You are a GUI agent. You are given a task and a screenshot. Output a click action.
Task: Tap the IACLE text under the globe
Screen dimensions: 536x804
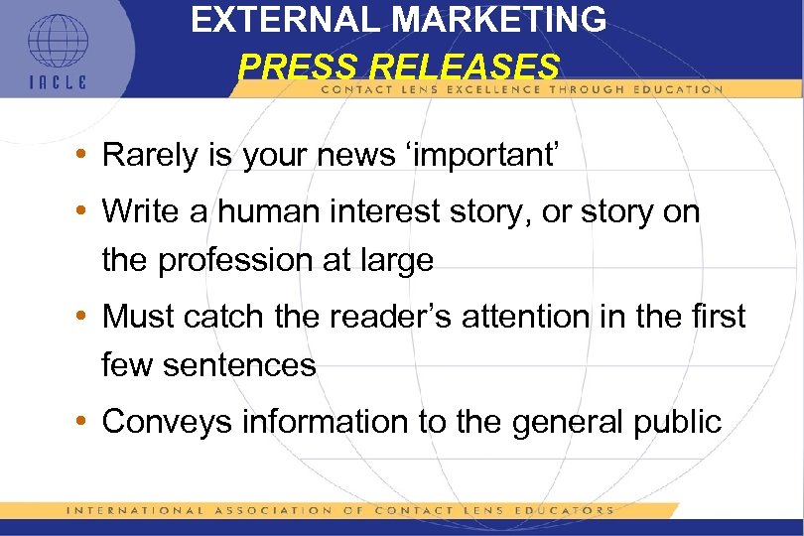tap(57, 82)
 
